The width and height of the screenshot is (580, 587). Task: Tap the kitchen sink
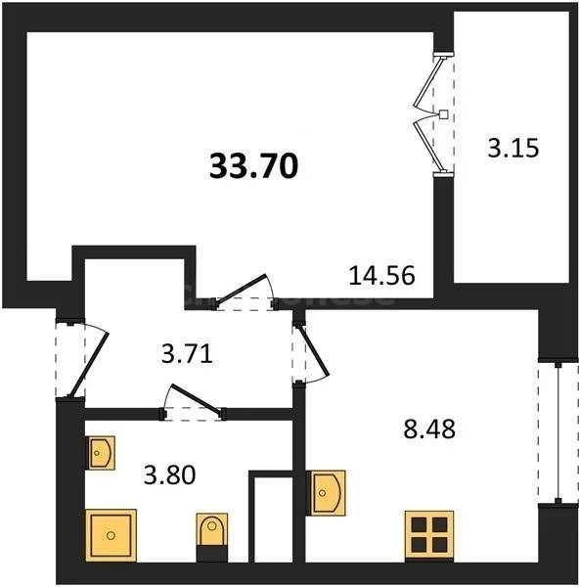(325, 492)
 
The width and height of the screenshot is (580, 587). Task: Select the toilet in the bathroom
(210, 534)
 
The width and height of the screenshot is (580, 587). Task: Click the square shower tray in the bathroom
(112, 534)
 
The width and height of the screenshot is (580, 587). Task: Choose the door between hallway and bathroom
(195, 403)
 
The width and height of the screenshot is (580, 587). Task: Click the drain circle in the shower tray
(112, 535)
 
